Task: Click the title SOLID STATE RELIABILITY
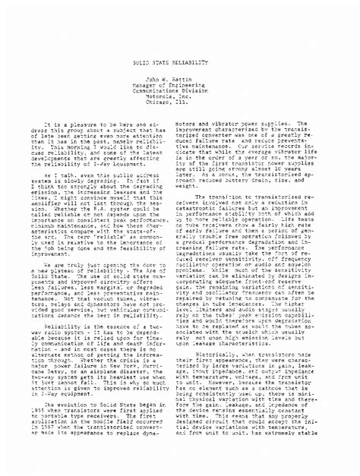pyautogui.click(x=179, y=15)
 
